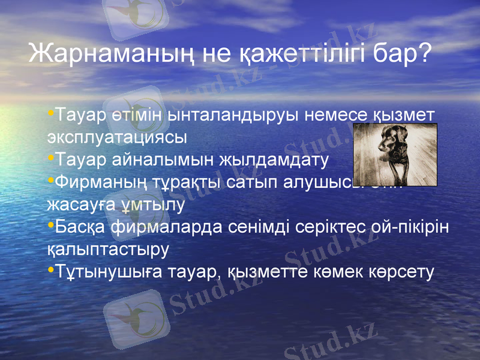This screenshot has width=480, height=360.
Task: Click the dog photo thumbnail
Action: coord(395,155)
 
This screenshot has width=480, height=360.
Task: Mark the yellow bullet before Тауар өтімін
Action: coord(50,113)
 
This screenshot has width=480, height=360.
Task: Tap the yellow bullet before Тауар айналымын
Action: coord(50,158)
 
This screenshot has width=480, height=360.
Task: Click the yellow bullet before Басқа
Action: coord(50,226)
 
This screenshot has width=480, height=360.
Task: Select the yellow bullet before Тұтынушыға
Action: coord(50,271)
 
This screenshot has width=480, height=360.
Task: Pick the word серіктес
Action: coord(333,227)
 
